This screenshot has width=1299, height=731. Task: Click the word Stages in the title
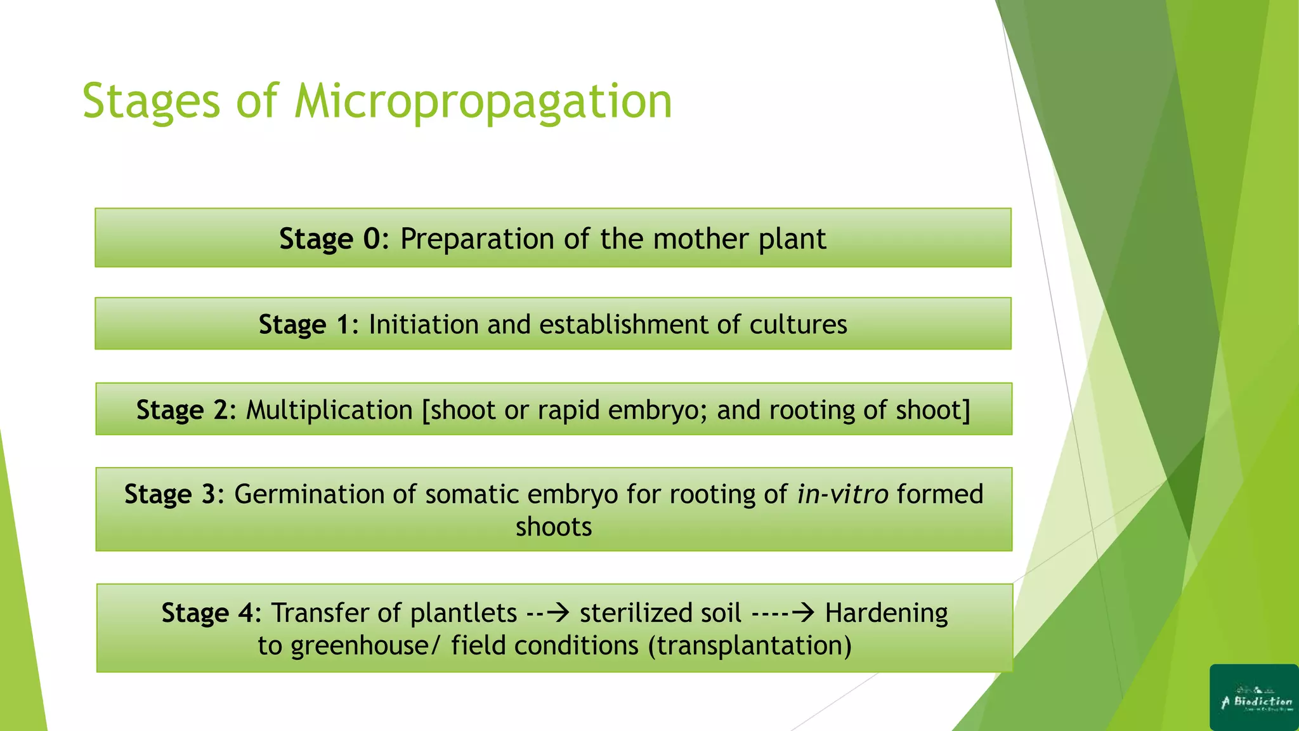(x=151, y=102)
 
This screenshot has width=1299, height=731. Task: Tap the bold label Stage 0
(x=330, y=239)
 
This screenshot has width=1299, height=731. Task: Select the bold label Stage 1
(x=304, y=325)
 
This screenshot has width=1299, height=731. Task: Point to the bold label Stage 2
(x=181, y=410)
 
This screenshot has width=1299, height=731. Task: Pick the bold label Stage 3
(x=170, y=494)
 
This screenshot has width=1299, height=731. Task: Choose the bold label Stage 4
(x=207, y=613)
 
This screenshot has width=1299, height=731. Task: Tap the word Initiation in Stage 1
(x=423, y=325)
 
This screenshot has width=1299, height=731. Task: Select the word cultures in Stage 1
(x=798, y=325)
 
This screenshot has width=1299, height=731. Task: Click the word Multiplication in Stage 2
(x=329, y=410)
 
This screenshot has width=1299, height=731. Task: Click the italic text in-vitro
(x=842, y=494)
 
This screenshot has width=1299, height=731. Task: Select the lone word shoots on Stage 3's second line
(x=553, y=527)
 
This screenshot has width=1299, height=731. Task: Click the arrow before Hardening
(x=802, y=613)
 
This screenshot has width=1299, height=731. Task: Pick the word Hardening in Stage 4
(x=886, y=613)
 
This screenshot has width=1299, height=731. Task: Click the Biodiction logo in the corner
(x=1254, y=697)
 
